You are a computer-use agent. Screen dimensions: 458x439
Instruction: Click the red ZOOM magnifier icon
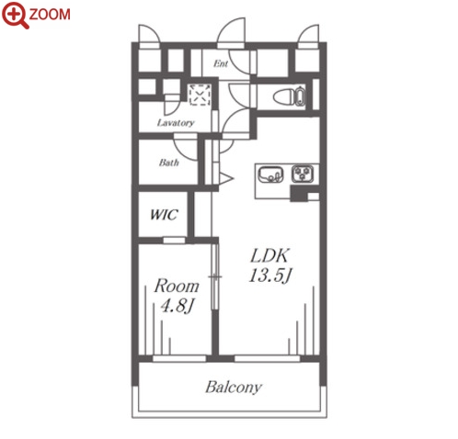pos(16,16)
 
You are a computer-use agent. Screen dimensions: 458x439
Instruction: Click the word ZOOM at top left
pos(50,15)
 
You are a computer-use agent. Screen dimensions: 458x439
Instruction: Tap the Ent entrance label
pos(221,63)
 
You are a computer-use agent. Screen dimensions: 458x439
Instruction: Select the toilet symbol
pos(289,96)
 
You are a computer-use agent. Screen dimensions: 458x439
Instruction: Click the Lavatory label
pos(176,123)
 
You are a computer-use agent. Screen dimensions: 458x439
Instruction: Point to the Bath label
pos(169,163)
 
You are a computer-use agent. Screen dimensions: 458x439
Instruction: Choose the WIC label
pos(164,215)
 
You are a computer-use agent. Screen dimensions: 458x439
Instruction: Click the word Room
pos(177,286)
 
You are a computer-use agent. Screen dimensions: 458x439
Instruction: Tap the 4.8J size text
pos(177,306)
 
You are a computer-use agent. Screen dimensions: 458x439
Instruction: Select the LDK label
pos(269,255)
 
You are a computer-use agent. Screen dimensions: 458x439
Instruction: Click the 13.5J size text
pos(269,276)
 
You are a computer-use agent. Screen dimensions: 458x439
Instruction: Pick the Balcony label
pos(234,388)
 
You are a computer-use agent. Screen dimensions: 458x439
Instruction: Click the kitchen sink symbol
pos(270,174)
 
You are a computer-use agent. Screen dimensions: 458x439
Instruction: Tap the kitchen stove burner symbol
pos(303,174)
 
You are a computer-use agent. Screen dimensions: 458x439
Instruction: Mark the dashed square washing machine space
pos(200,95)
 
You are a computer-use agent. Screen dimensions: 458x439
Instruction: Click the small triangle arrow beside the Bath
pos(226,178)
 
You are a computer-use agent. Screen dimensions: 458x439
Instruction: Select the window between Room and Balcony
pos(179,358)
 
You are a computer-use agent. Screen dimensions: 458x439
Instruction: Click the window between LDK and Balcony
pos(267,358)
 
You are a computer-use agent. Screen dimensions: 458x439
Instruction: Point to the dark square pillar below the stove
pos(299,194)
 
